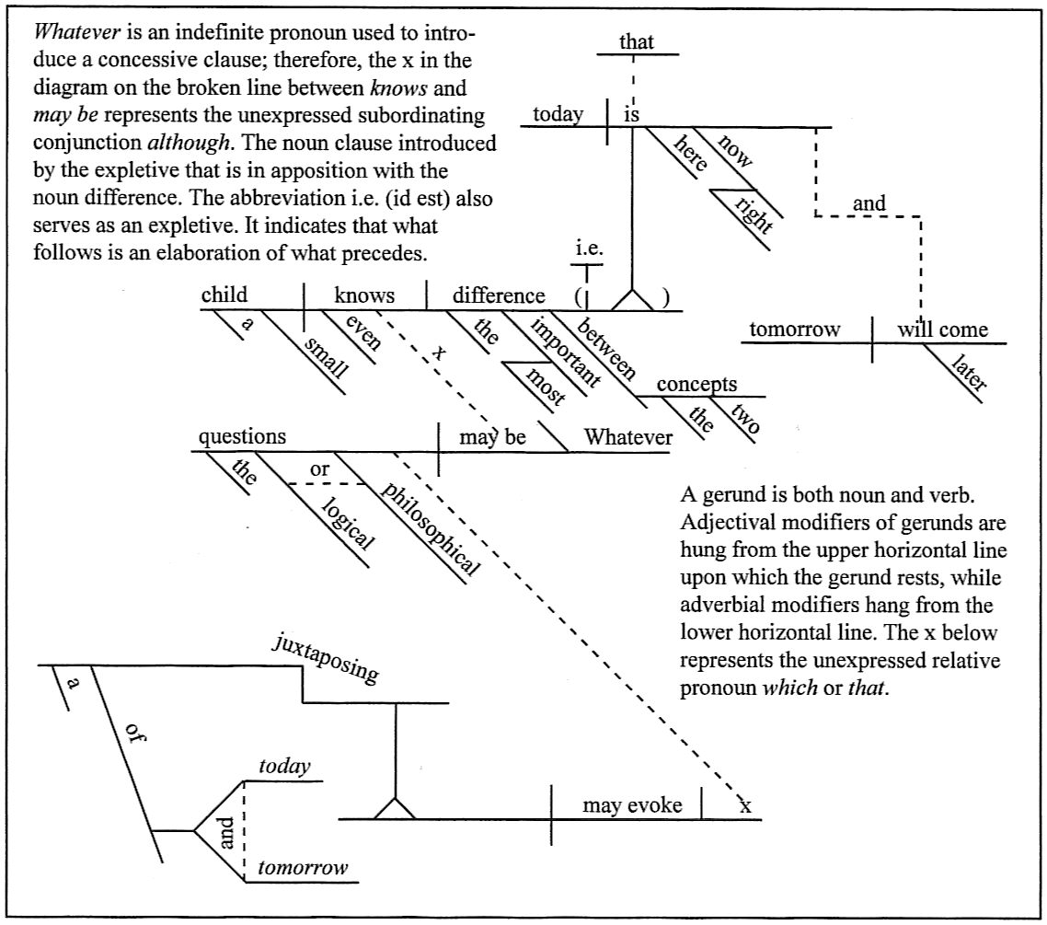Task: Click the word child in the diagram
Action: (x=224, y=295)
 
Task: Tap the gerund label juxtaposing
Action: (x=325, y=659)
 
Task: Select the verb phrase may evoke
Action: (x=632, y=805)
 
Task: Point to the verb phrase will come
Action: (x=943, y=330)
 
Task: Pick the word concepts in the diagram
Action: (x=696, y=385)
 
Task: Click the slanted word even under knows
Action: (x=361, y=333)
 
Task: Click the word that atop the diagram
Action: (x=637, y=41)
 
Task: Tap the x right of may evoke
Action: (x=745, y=806)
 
